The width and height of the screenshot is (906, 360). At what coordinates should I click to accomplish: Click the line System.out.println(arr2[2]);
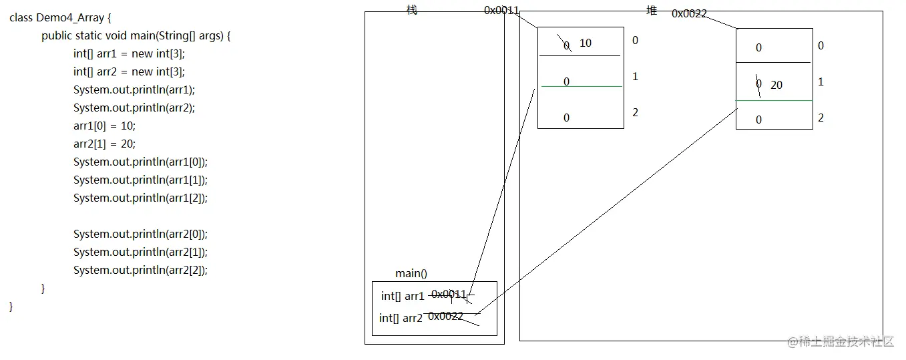pyautogui.click(x=140, y=270)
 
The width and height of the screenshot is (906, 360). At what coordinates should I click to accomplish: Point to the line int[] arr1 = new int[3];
pyautogui.click(x=129, y=53)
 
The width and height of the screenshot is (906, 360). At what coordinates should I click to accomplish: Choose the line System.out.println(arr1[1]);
pyautogui.click(x=140, y=180)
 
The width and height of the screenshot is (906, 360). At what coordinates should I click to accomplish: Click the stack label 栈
pyautogui.click(x=412, y=10)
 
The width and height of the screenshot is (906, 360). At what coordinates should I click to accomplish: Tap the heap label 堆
pyautogui.click(x=652, y=10)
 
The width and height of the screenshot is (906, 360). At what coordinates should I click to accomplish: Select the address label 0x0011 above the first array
pyautogui.click(x=501, y=11)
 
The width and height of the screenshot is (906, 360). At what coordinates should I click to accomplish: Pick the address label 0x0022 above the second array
pyautogui.click(x=689, y=13)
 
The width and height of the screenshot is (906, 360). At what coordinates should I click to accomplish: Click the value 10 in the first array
pyautogui.click(x=586, y=43)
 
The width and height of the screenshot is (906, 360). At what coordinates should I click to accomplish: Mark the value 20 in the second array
pyautogui.click(x=776, y=85)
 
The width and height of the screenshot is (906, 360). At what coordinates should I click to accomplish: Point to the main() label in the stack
pyautogui.click(x=411, y=273)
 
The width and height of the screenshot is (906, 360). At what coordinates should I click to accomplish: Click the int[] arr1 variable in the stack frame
pyautogui.click(x=403, y=296)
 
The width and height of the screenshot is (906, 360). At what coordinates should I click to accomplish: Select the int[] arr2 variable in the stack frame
pyautogui.click(x=401, y=318)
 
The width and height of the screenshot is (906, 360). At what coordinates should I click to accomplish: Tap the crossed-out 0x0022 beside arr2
pyautogui.click(x=446, y=317)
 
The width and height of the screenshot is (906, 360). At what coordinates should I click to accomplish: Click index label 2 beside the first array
pyautogui.click(x=635, y=112)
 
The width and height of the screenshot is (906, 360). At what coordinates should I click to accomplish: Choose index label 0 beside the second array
pyautogui.click(x=821, y=45)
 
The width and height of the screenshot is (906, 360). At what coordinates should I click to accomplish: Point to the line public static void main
pyautogui.click(x=136, y=36)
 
